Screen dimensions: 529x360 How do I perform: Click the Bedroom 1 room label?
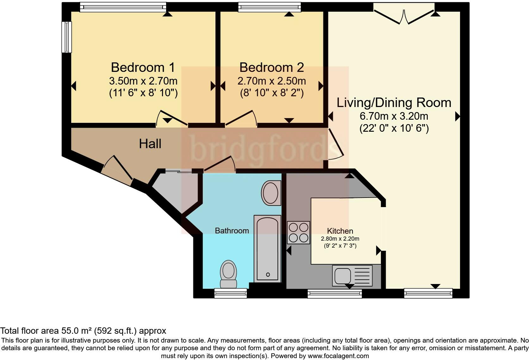[143, 67]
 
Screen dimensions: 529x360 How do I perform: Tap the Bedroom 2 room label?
[271, 67]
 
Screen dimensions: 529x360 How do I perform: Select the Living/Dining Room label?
[394, 103]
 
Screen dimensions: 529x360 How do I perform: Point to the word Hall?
[150, 144]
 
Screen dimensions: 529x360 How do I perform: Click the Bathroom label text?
[232, 231]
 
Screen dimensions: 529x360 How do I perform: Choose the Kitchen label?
[340, 231]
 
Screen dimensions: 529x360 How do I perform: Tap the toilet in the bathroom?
[228, 274]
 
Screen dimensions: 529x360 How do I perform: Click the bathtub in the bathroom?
[267, 249]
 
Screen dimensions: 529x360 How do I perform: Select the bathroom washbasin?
[271, 193]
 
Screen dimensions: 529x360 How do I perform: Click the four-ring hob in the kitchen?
[298, 232]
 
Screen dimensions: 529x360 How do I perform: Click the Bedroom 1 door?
[171, 117]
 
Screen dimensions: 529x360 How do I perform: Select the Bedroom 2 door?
[241, 117]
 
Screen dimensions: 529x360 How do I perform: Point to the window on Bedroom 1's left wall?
[66, 37]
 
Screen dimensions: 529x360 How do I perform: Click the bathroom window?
[231, 293]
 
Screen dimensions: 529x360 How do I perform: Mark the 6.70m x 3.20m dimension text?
[394, 116]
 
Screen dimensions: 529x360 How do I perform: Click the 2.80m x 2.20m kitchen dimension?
[340, 239]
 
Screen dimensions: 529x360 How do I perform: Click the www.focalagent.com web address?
[338, 356]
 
